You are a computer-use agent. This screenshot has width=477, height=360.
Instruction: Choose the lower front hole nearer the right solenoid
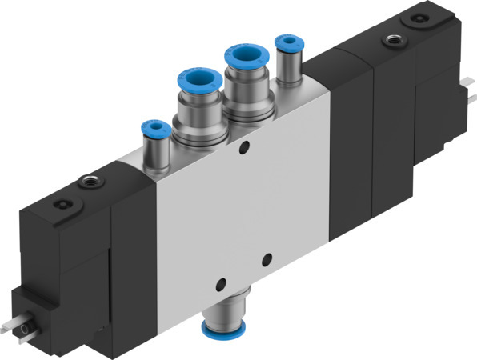(x=267, y=258)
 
